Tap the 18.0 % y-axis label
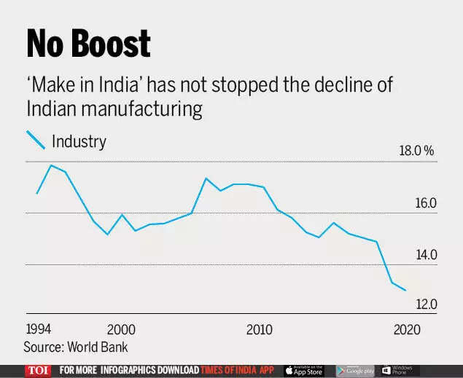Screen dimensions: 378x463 tap(416, 151)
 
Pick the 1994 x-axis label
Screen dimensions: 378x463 tap(38, 326)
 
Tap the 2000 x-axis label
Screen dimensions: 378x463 tap(121, 329)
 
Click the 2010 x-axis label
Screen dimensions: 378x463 tap(259, 329)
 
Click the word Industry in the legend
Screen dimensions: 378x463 tap(79, 141)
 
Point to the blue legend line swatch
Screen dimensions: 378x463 tap(36, 140)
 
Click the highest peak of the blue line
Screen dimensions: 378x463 tap(51, 165)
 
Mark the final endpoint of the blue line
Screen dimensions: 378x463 tap(405, 290)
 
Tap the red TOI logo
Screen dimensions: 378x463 tap(38, 370)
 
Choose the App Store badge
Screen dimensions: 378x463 tap(303, 370)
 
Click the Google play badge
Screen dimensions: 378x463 tap(355, 370)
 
